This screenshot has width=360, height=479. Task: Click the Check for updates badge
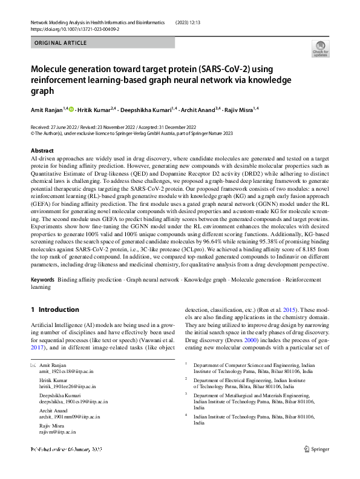(x=319, y=50)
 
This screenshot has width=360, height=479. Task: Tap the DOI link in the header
(x=74, y=28)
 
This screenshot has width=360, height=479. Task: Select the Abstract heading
(x=42, y=150)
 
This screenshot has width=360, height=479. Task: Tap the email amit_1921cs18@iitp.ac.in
(x=64, y=374)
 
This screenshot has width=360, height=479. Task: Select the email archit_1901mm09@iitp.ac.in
(x=70, y=417)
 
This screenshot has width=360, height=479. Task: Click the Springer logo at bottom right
(x=316, y=466)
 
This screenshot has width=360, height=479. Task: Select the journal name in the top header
(x=97, y=22)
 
